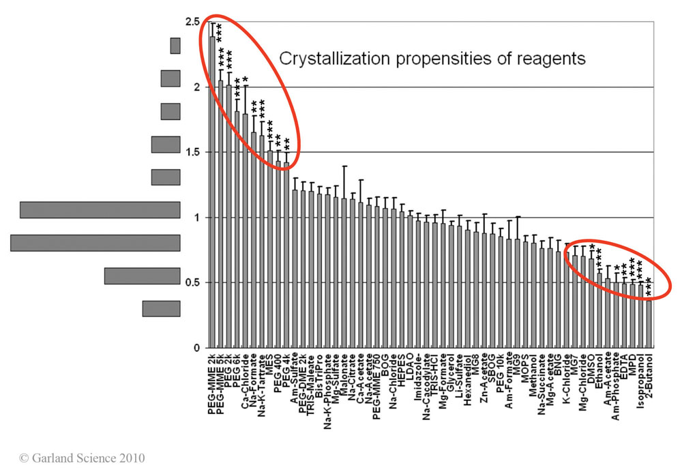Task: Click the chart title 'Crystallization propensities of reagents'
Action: pyautogui.click(x=432, y=59)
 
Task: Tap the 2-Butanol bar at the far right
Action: pyautogui.click(x=649, y=321)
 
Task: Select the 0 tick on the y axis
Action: pyautogui.click(x=196, y=348)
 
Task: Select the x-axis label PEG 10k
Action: pyautogui.click(x=500, y=373)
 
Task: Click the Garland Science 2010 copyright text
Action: pyautogui.click(x=82, y=458)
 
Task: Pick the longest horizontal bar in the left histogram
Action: pyautogui.click(x=95, y=243)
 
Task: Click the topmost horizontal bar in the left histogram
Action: pyautogui.click(x=175, y=46)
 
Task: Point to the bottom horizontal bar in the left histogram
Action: pyautogui.click(x=161, y=308)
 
